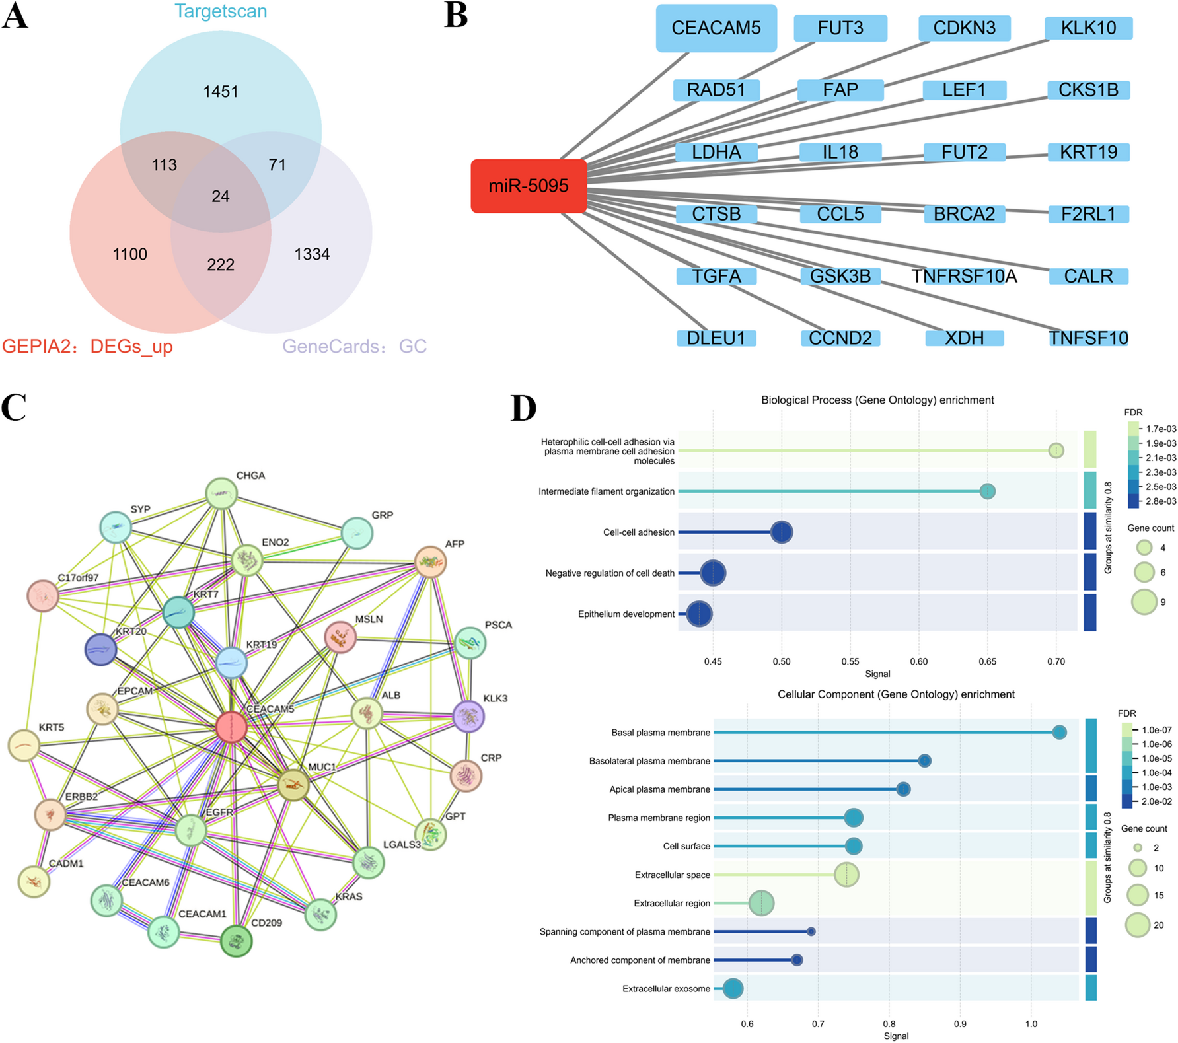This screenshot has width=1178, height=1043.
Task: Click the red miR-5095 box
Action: [x=529, y=186]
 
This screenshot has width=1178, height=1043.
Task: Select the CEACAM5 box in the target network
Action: [x=716, y=28]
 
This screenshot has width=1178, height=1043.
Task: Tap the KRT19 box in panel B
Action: [x=1088, y=152]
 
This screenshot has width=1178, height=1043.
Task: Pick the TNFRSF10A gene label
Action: [x=964, y=276]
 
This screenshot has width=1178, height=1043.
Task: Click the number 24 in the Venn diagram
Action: [x=221, y=196]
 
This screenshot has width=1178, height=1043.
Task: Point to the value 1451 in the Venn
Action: [x=221, y=91]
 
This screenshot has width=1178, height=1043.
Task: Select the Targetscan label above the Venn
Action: [x=221, y=11]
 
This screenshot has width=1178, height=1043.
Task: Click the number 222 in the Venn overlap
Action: [x=221, y=265]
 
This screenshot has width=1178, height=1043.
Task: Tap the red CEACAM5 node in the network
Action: [x=232, y=727]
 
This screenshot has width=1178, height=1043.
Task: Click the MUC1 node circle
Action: [x=293, y=785]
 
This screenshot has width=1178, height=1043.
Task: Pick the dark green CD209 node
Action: [x=236, y=941]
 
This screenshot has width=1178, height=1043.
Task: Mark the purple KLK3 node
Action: [x=468, y=716]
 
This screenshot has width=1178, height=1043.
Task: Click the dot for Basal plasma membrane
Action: [x=1059, y=732]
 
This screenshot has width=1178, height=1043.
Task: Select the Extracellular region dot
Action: [x=761, y=903]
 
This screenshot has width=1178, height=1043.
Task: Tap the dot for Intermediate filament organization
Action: [x=987, y=491]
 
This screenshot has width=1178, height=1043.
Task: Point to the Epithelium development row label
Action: [x=626, y=614]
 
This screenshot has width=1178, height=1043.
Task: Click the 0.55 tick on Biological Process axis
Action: [x=850, y=661]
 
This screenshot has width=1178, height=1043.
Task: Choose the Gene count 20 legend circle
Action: [x=1138, y=925]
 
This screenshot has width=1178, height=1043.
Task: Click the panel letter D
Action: [x=523, y=408]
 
